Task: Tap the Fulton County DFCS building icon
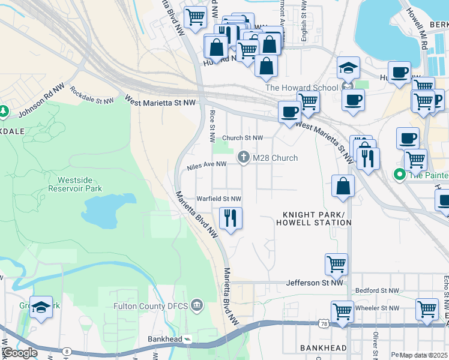(197, 305)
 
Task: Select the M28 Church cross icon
(243, 158)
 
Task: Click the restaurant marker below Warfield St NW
(231, 218)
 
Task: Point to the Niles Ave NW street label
(206, 164)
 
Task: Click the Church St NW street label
(243, 137)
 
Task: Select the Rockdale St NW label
(91, 95)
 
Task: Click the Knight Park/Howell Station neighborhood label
(314, 218)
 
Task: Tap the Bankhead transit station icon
(187, 339)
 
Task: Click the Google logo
(19, 353)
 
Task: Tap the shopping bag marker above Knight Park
(343, 185)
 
